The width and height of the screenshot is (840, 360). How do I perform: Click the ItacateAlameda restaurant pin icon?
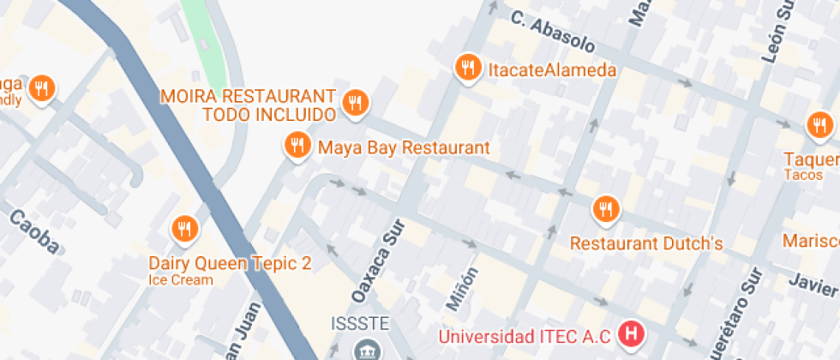[467, 67]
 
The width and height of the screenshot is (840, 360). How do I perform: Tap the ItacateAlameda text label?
[552, 70]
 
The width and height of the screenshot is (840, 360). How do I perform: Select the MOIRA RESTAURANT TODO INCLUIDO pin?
[355, 103]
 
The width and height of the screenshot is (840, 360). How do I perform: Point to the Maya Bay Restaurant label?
[404, 147]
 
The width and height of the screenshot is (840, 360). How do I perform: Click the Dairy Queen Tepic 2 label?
[231, 263]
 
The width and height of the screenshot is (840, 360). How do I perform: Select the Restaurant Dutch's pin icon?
[606, 208]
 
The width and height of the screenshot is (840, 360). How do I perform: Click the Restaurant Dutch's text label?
[646, 243]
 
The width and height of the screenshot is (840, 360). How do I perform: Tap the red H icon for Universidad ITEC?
[633, 333]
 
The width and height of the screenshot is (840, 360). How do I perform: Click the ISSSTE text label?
[361, 324]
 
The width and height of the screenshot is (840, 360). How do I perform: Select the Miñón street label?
[459, 287]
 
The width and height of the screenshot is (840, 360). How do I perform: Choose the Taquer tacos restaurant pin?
[819, 127]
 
